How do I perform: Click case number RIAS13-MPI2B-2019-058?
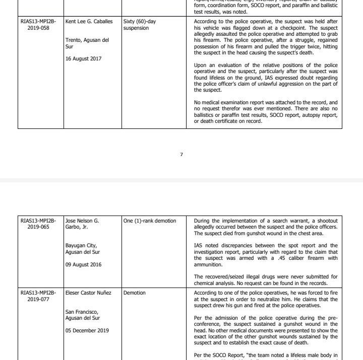click(x=38, y=25)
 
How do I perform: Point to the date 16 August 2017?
click(x=83, y=59)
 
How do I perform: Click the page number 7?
click(x=181, y=155)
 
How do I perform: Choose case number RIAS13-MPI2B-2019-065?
click(x=38, y=224)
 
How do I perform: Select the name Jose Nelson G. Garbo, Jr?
click(x=82, y=224)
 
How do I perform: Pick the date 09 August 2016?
click(x=83, y=265)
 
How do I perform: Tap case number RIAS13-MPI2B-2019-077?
click(x=38, y=296)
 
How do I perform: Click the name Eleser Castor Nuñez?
click(x=88, y=293)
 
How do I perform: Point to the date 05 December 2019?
click(x=87, y=330)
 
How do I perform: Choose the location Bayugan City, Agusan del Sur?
click(x=83, y=249)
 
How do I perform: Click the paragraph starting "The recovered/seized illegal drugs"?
click(x=266, y=279)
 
